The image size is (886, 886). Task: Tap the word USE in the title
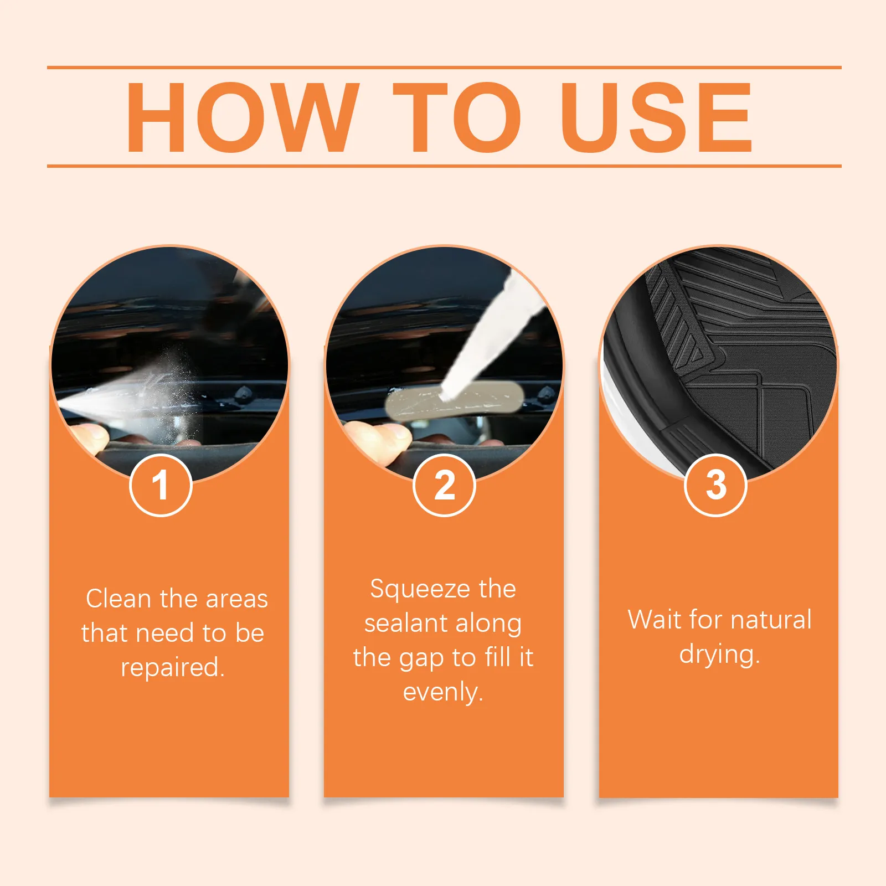click(x=656, y=117)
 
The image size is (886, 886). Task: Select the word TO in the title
click(x=457, y=117)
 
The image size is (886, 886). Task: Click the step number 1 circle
click(x=161, y=485)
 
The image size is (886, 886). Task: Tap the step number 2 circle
click(x=444, y=485)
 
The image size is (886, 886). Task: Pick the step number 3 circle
click(x=716, y=485)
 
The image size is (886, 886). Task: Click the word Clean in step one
click(x=119, y=599)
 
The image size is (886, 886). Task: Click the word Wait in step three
click(x=655, y=619)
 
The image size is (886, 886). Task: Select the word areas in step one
click(x=236, y=599)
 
